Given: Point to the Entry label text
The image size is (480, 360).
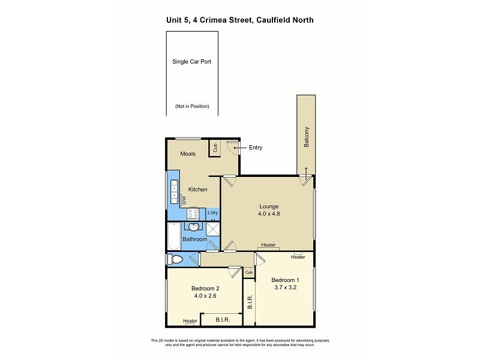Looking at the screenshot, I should [254, 148].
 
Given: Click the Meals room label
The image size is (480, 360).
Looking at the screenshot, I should [188, 154].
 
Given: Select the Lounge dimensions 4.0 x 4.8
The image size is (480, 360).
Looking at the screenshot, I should [269, 214].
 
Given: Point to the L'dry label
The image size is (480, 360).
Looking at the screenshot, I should [212, 213].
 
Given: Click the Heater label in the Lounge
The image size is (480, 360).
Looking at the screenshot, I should [268, 245].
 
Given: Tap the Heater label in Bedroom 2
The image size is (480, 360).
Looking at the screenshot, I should [190, 321].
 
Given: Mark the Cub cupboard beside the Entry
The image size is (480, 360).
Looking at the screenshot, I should [214, 148].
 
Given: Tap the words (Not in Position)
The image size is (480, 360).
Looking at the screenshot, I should [192, 106].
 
